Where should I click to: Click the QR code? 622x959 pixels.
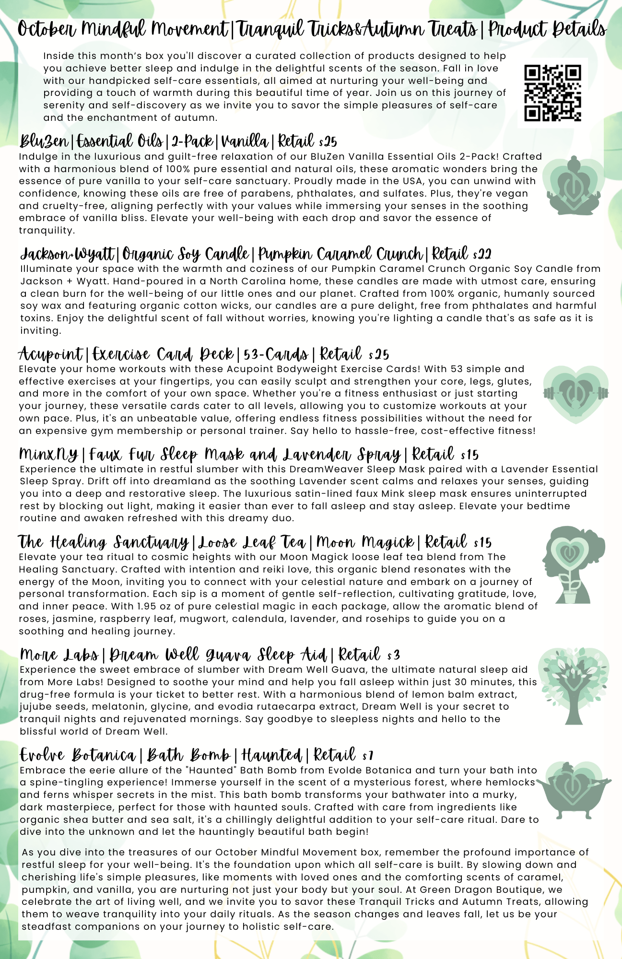(552, 93)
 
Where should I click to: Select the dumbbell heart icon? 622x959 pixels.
(575, 394)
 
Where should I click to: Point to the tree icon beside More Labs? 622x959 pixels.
(574, 686)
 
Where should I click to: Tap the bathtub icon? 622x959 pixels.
(574, 790)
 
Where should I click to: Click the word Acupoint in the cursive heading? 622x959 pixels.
(50, 354)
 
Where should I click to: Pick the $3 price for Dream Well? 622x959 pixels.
(394, 655)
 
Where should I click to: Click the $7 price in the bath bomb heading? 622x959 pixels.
(368, 756)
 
